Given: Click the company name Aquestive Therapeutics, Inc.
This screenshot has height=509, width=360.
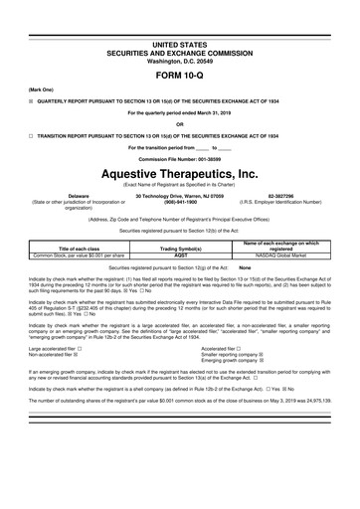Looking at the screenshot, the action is pos(179,172).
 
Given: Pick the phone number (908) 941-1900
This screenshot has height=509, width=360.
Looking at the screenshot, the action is pos(179,204).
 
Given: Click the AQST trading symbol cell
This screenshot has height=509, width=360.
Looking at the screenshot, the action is pos(181,254).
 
